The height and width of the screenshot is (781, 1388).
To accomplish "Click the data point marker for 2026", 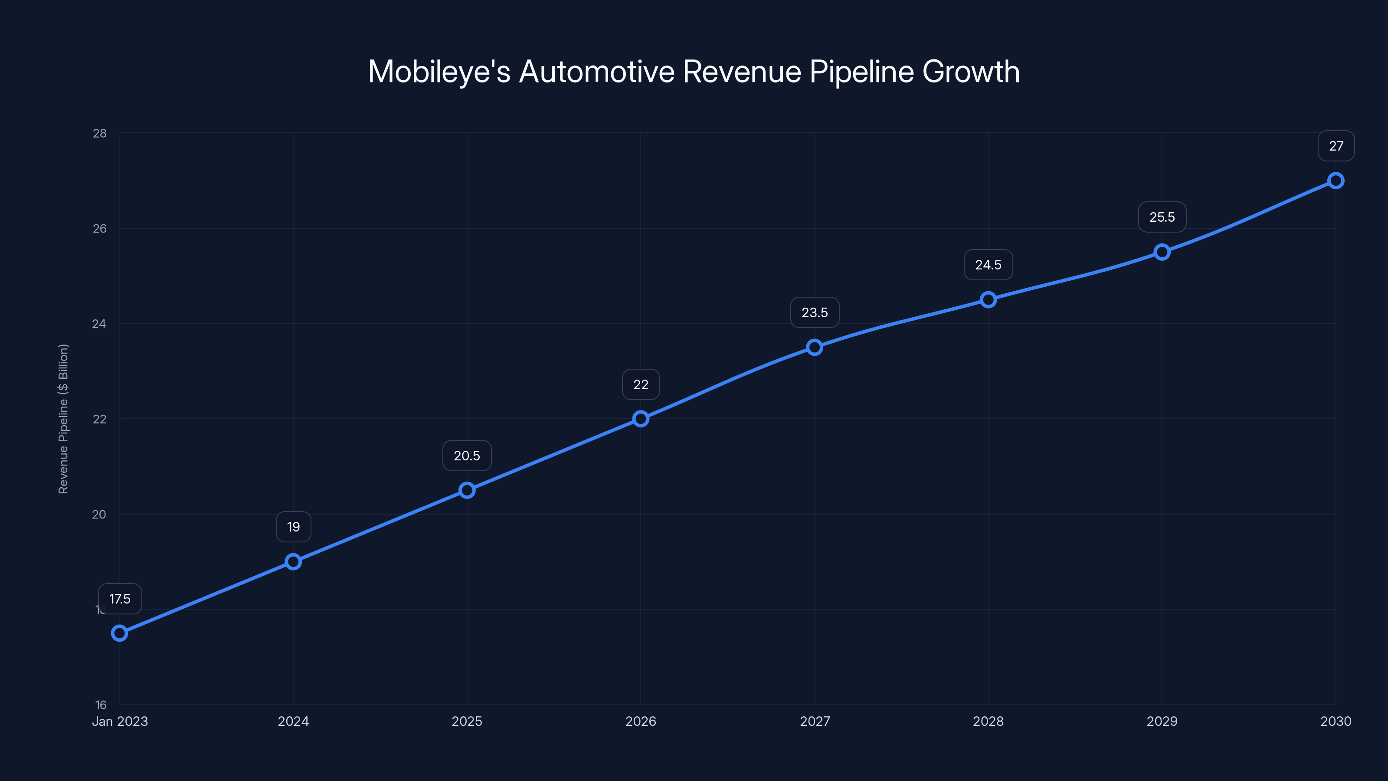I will point(641,419).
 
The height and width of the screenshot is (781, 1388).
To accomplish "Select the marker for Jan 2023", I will point(120,633).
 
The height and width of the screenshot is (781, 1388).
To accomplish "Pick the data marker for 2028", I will point(988,300).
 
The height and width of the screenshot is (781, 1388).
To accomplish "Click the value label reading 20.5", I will point(467,456).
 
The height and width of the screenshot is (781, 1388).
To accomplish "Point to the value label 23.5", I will point(815,312).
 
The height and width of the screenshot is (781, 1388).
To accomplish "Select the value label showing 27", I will point(1336,146).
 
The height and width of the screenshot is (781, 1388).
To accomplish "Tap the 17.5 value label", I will point(120,599).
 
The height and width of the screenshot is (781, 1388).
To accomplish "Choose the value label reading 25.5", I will point(1162,217).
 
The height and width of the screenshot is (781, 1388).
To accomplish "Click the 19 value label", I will point(293,527).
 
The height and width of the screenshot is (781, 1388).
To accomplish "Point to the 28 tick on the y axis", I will point(100,133).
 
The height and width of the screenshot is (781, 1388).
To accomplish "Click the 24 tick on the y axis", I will point(99,324).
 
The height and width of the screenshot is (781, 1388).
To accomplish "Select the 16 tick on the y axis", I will point(101,705).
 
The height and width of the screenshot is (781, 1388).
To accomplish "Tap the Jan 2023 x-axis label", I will point(120,721).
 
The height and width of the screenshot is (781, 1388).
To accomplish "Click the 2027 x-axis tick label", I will point(815,721).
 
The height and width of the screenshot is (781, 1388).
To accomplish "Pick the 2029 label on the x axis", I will point(1162,721).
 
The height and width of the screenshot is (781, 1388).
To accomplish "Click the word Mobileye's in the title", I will point(439,72).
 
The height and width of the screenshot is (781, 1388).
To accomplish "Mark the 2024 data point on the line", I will point(293,561).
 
